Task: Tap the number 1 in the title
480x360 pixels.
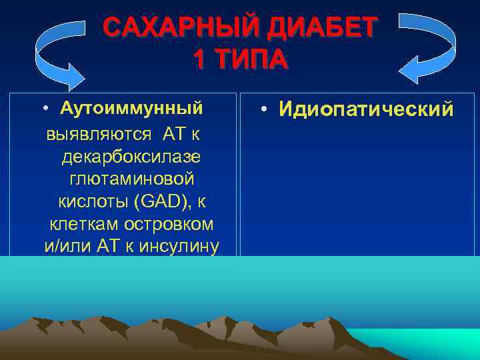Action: (199, 60)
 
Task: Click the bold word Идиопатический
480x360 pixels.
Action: (365, 109)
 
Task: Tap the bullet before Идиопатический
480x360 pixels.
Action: (265, 109)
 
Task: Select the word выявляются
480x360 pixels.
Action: (101, 134)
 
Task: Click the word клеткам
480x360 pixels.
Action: (83, 224)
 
